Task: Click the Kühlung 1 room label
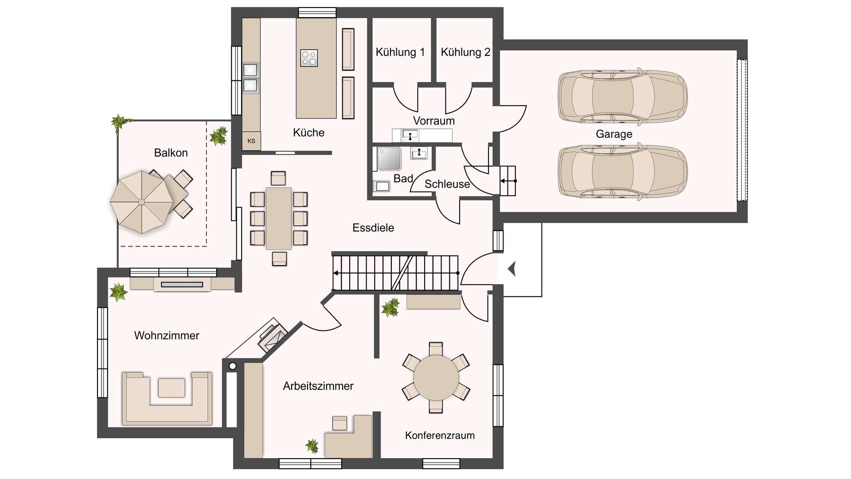click(400, 52)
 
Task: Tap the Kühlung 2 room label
click(465, 52)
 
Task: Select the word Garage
click(614, 134)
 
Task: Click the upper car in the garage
click(623, 95)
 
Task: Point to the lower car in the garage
click(623, 170)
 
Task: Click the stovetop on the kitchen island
click(309, 58)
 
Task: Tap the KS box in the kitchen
click(251, 141)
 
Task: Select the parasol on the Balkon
click(141, 202)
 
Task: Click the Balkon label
click(171, 153)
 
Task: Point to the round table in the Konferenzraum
click(436, 377)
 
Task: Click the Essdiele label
click(373, 228)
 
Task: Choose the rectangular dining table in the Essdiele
click(279, 218)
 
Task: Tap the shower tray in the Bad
click(389, 159)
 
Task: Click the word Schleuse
click(447, 184)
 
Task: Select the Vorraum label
click(434, 121)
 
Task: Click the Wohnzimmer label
click(167, 335)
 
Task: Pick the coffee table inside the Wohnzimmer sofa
click(172, 388)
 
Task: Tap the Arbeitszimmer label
click(318, 386)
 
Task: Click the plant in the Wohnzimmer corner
click(118, 292)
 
